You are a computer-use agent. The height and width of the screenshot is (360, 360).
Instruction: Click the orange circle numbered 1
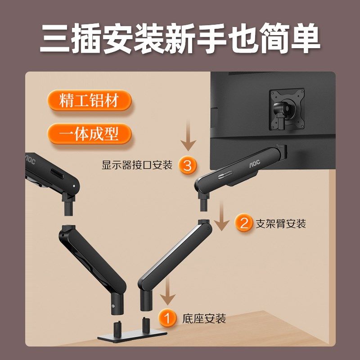coord(168,319)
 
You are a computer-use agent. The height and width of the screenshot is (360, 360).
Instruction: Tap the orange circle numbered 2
coord(244,223)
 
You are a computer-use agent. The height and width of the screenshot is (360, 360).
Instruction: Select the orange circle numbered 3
coord(187,165)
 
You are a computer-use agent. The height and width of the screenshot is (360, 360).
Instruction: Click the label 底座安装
coord(204,319)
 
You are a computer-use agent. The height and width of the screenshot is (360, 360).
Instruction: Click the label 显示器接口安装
coord(137,165)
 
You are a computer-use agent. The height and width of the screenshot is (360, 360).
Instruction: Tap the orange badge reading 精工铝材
coord(89,100)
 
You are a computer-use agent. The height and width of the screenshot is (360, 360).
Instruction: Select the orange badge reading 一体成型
coord(89,134)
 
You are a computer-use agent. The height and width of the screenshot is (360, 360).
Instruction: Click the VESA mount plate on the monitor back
coord(286,109)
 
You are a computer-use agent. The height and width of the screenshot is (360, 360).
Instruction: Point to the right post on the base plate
coord(145,324)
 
